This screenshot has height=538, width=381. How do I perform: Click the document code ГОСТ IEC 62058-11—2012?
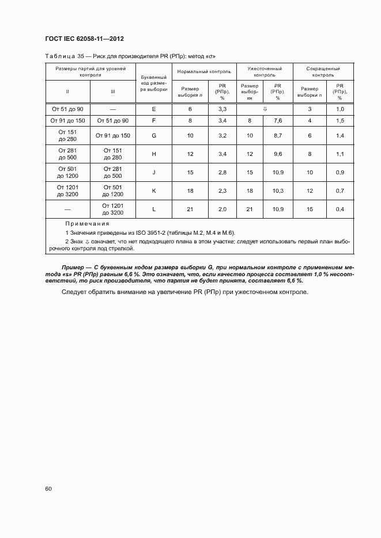coord(85,39)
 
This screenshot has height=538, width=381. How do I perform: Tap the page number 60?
coord(48,489)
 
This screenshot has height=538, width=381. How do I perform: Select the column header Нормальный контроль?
coord(204,72)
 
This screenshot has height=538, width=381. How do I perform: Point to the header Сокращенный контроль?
coord(323,71)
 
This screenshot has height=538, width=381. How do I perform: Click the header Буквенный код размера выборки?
coord(153,83)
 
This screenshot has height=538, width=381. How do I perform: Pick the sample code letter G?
coord(153,136)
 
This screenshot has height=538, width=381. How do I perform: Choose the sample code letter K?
coord(153,190)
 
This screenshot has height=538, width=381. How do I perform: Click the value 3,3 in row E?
coord(222,109)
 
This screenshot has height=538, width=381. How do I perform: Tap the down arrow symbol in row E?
coord(264,109)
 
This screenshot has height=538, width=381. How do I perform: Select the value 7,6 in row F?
coord(277,120)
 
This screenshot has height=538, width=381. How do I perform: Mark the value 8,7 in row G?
coord(277,136)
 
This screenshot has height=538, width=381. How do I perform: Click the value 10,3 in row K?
coord(277,190)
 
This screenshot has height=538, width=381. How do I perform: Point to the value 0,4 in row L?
coord(340,209)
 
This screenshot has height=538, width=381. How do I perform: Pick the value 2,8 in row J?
coord(222,172)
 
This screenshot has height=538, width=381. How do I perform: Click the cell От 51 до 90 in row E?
coord(67,109)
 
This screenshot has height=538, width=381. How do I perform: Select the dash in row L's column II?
coord(67,209)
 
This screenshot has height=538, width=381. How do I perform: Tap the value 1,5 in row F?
coord(340,120)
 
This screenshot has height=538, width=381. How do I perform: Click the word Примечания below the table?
coord(87,224)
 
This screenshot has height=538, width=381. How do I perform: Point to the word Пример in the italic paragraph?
coord(74,268)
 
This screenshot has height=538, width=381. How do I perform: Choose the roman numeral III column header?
coord(112,91)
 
